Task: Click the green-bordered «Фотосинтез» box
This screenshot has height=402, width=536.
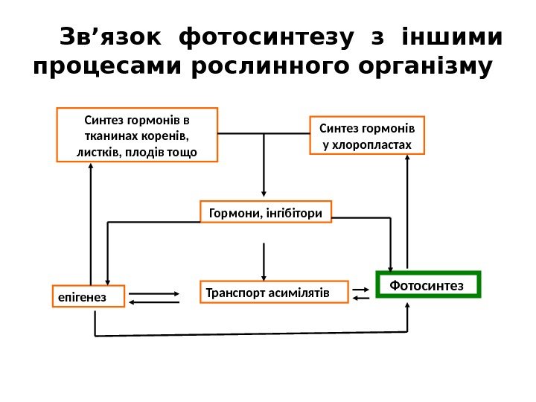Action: coord(430,284)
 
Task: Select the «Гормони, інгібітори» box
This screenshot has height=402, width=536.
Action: coord(267,212)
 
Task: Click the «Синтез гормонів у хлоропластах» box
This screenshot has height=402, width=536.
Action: coord(366,135)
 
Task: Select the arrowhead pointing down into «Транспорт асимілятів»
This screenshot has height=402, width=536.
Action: coord(264,275)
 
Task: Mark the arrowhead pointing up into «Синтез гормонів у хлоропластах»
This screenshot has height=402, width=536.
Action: coord(409,159)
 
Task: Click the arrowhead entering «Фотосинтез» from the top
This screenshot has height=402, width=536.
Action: coord(392,268)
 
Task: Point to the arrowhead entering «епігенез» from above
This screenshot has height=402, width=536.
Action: coord(108,281)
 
